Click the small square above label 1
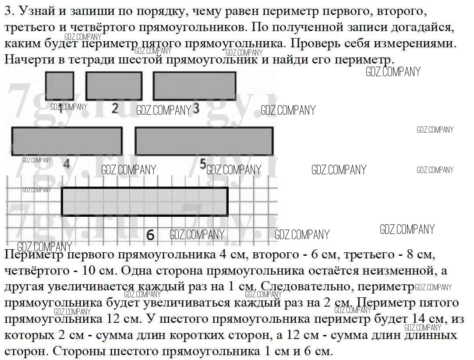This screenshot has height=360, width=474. click(60, 86)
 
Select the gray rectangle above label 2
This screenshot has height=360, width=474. click(114, 86)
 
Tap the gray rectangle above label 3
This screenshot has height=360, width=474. click(195, 86)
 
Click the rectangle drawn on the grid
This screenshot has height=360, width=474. click(145, 201)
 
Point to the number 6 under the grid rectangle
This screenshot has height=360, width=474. click(150, 235)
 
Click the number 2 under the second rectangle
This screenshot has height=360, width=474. click(115, 108)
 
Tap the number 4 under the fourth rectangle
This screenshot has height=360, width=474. click(67, 164)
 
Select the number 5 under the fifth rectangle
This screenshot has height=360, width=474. click(203, 164)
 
